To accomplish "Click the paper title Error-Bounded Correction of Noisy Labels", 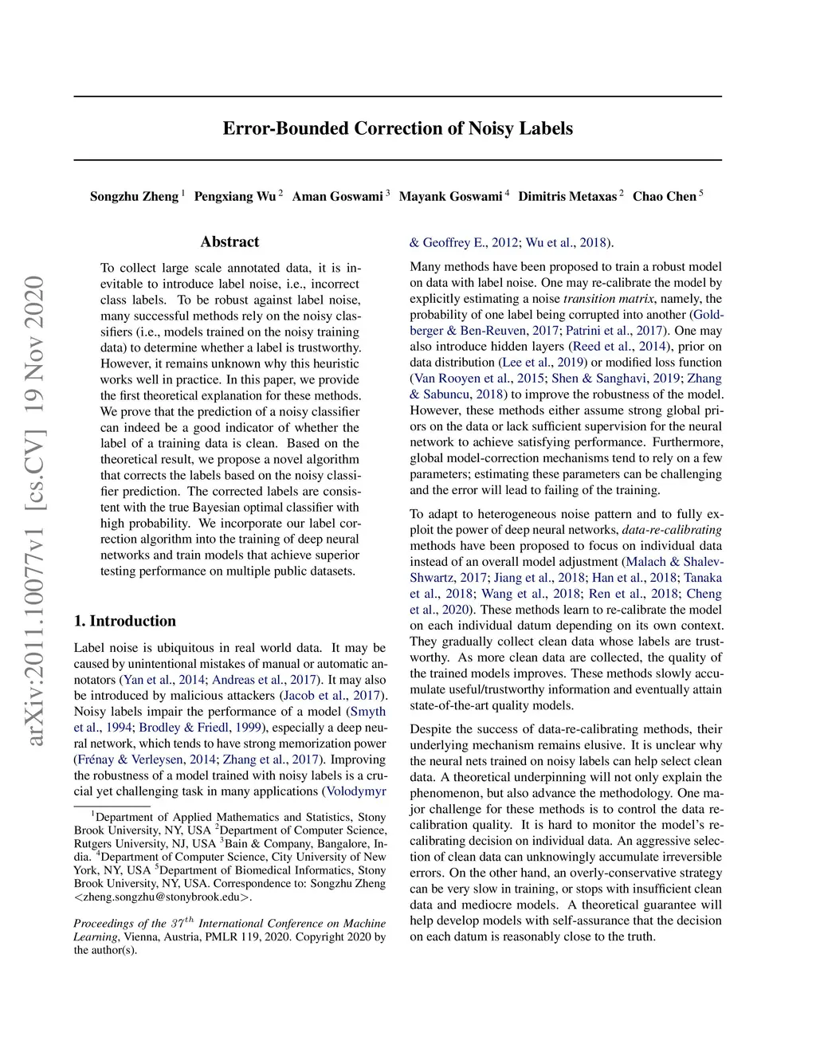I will (398, 128).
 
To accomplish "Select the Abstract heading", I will (229, 241).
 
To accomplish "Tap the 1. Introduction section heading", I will (125, 621).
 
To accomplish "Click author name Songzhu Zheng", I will (134, 196).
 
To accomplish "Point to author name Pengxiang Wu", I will (235, 196).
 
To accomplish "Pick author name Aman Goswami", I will (337, 196).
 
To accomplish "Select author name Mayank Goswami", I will (450, 196).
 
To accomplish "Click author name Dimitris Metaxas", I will (567, 196).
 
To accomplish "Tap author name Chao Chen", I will (665, 196).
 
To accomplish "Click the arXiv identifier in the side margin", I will (34, 510).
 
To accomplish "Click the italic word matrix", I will (634, 299).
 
